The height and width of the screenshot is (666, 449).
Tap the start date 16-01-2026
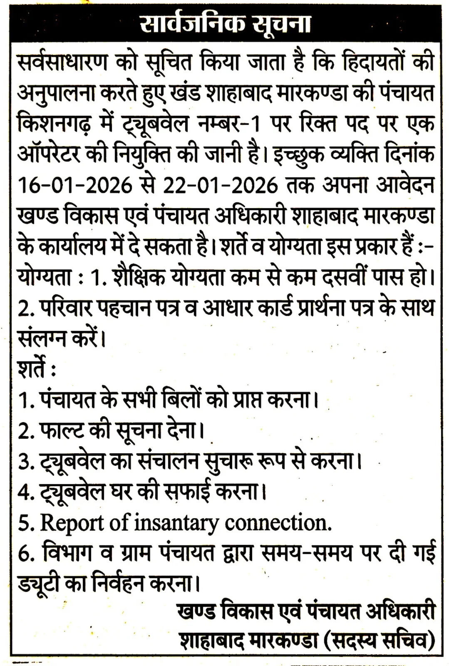point(75,185)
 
